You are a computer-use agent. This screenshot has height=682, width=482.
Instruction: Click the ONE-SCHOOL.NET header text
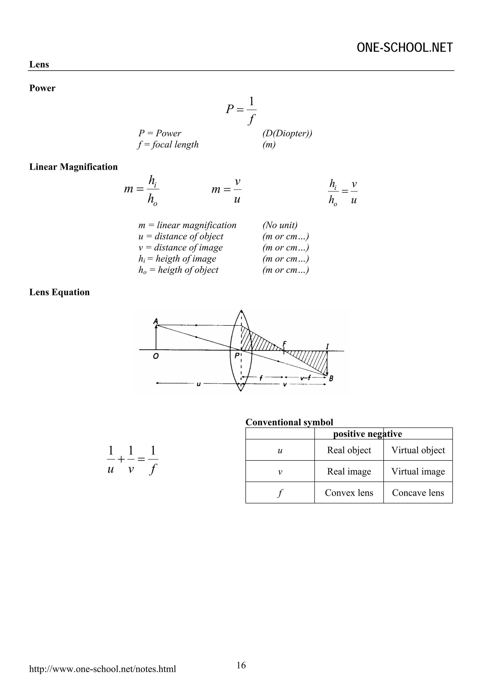[405, 48]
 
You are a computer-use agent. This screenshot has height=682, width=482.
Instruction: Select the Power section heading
[42, 88]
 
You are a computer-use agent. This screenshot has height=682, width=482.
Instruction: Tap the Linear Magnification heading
[73, 167]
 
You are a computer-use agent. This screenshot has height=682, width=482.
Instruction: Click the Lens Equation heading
[59, 292]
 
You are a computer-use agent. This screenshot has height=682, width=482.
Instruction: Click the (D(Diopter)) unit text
[287, 133]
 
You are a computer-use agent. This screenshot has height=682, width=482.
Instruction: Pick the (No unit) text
[280, 225]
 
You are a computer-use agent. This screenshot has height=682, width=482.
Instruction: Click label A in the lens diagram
[155, 321]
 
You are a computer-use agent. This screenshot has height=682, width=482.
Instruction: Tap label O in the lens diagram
[156, 356]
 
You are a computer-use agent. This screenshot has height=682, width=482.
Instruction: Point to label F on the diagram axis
[284, 343]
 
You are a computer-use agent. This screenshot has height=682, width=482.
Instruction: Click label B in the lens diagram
[331, 378]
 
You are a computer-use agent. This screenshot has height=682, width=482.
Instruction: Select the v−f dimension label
[305, 378]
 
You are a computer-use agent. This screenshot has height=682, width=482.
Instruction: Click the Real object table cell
[349, 450]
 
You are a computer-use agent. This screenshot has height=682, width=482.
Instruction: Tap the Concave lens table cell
[418, 493]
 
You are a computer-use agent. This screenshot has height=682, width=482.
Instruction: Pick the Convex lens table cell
[349, 493]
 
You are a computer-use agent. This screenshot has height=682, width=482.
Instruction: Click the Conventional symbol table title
[289, 422]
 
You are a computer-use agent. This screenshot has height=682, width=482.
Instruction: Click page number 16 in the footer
[241, 665]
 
